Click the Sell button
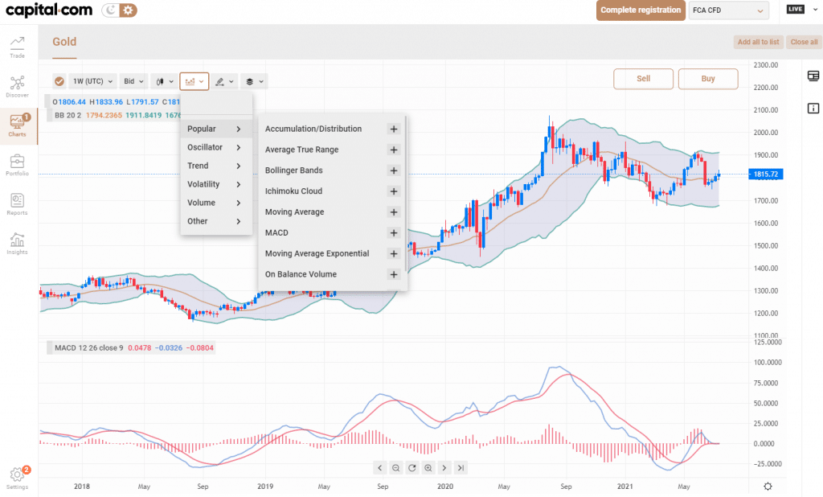tap(643, 79)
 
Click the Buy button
tap(707, 79)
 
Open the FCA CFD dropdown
tap(727, 10)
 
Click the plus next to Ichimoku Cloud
tap(394, 191)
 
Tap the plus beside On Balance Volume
tap(394, 274)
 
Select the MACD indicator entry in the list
tap(276, 232)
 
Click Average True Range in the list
tap(301, 150)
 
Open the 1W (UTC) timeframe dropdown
tap(92, 81)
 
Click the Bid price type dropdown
tap(133, 81)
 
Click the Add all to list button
tap(758, 42)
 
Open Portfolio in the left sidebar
tap(17, 165)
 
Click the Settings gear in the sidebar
tap(17, 477)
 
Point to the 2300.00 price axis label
tap(767, 65)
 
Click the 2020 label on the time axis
tap(445, 487)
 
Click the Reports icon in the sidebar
tap(17, 203)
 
